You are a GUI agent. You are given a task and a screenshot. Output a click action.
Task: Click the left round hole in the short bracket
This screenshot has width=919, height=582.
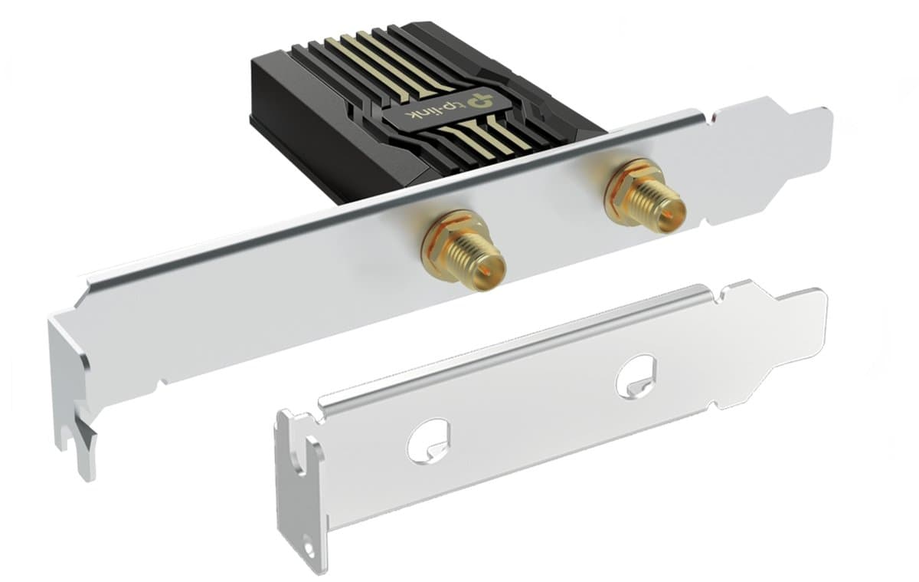coord(428,441)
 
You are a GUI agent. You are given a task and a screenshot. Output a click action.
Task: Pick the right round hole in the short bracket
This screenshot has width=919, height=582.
coord(636,376)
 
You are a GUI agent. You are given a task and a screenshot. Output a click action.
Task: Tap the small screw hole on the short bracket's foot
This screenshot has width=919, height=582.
coord(309,549)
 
